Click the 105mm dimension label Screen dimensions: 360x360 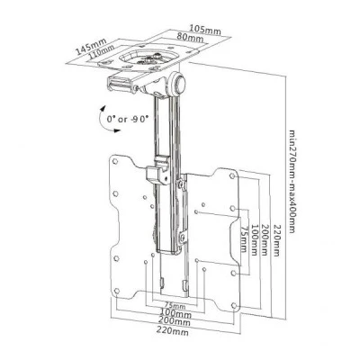tap(205, 30)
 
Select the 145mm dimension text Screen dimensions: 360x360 tap(91, 47)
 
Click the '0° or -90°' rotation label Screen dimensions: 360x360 tap(128, 119)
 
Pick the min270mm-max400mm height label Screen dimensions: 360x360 tap(292, 181)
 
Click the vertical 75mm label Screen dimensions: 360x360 tap(244, 239)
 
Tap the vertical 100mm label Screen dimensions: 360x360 tap(254, 239)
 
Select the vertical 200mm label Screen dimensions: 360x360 tap(265, 239)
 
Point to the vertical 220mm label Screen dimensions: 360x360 tap(276, 240)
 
